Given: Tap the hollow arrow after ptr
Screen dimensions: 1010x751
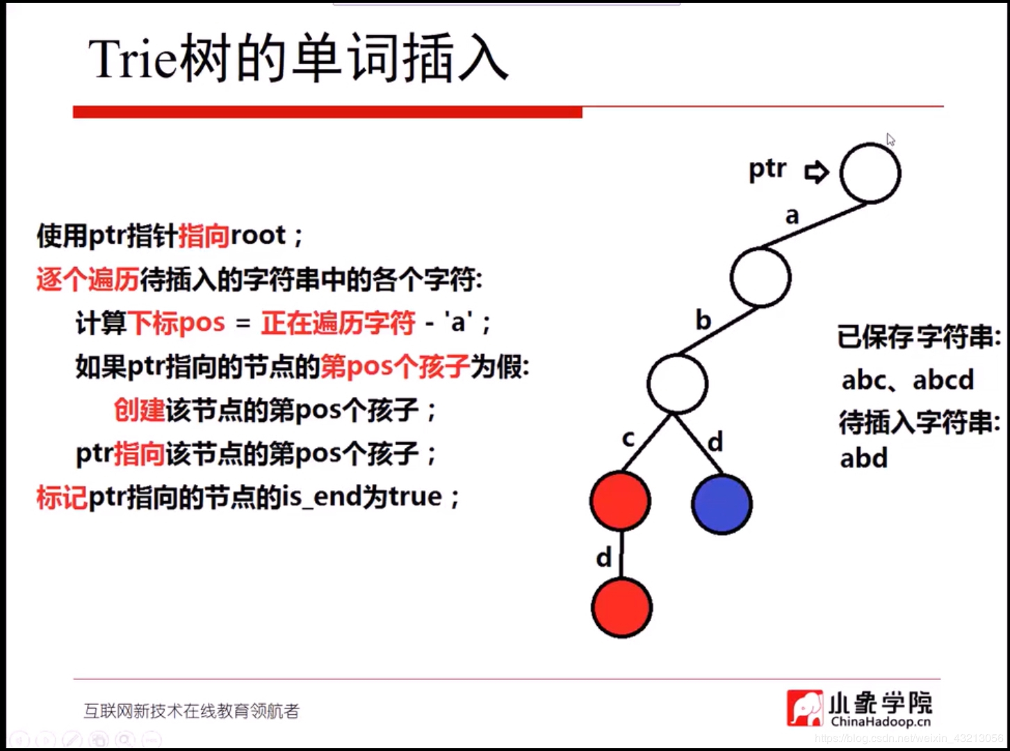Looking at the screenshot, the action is [817, 172].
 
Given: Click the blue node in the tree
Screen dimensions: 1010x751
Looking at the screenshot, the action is [722, 504].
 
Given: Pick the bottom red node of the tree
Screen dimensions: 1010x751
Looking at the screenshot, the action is [621, 608].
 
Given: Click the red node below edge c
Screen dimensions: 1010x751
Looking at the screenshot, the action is [620, 501].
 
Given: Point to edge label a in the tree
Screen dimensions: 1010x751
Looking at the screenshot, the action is [792, 216].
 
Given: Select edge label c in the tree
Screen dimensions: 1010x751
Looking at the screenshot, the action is [628, 439].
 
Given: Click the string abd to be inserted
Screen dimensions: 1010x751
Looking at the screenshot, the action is [864, 458].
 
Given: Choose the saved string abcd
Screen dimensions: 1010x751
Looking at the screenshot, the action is [943, 380].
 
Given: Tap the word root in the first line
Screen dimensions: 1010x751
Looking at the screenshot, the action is [258, 236].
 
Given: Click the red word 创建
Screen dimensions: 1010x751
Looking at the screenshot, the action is [139, 410].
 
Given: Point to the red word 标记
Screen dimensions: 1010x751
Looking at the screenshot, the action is [61, 497].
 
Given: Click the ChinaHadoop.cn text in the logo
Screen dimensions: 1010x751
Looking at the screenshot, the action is [881, 721].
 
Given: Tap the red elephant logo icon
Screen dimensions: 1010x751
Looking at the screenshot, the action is [805, 708].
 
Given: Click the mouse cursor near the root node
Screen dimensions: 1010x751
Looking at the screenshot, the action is [890, 140].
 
